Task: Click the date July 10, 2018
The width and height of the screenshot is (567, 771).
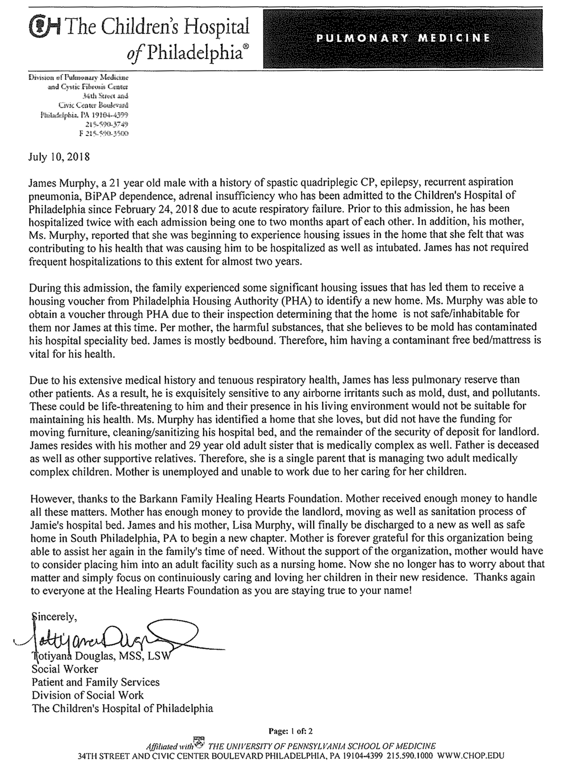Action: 59,157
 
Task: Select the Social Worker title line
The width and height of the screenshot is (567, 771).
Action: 65,669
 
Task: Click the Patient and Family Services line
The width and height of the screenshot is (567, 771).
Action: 95,682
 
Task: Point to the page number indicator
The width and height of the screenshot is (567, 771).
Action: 290,731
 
